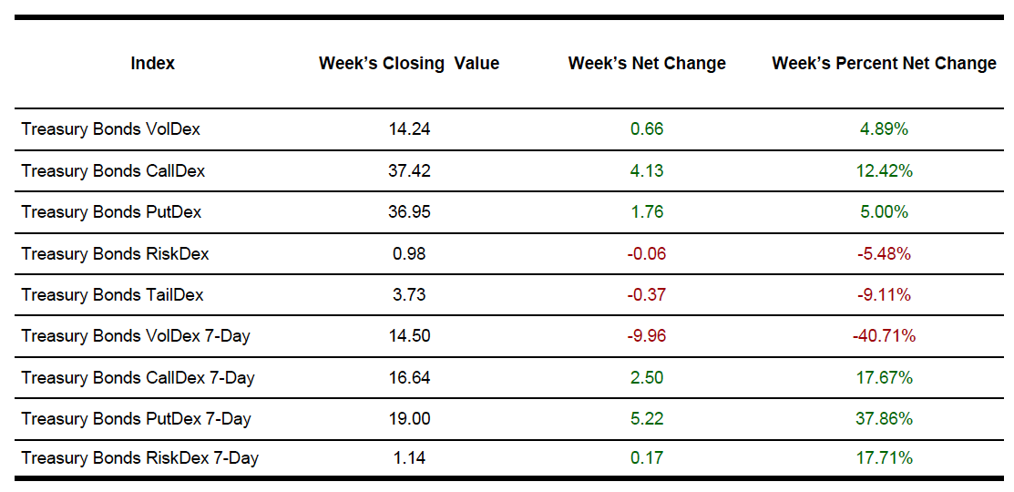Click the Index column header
(153, 63)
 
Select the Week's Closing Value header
(409, 63)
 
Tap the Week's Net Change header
(647, 63)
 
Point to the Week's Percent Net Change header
(884, 63)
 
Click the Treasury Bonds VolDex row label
(110, 129)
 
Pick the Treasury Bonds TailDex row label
(112, 294)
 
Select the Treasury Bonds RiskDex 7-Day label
(139, 457)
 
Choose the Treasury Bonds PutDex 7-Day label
(136, 419)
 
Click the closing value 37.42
(409, 170)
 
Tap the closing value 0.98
(409, 253)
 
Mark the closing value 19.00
(409, 419)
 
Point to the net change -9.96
(646, 336)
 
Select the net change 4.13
(647, 170)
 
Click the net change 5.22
(647, 419)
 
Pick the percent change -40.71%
(884, 336)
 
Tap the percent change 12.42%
(884, 170)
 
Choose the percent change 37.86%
(884, 419)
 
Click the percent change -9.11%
(884, 294)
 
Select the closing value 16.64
(409, 377)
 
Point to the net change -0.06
(646, 253)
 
